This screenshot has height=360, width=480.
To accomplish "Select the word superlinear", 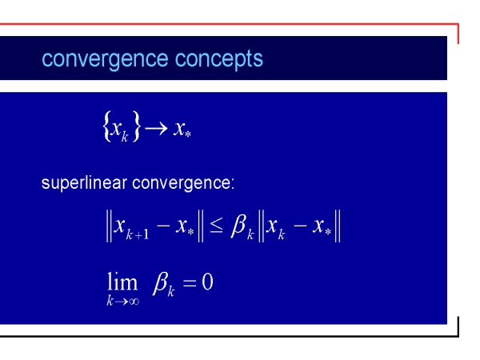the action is pos(84,183).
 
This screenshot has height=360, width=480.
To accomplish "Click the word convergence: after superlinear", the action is pos(183,184).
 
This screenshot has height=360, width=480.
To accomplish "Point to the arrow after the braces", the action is pos(156,128).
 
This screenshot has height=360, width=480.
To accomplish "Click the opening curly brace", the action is pos(107,126).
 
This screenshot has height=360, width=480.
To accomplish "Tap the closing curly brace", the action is pos(136,126).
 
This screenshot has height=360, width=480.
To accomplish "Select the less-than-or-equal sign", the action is pos(217,226).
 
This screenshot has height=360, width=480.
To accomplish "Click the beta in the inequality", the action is pos(238,226).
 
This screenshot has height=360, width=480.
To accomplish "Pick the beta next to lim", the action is pos(161,282).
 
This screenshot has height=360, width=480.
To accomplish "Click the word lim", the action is pos(122,282).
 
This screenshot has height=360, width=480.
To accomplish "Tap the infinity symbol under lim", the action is pos(134,302).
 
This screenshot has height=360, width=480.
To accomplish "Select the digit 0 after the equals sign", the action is pos(207,282).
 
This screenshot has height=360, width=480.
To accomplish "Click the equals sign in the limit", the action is pos(190,282).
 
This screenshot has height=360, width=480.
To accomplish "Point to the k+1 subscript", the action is pos(138,234).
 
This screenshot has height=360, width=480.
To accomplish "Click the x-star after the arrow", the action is pos(182,129).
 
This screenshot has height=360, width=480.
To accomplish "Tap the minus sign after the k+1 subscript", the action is pos(163,226).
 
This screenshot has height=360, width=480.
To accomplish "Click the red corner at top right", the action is pos(458,23).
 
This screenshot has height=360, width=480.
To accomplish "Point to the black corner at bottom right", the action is pos(458,336).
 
